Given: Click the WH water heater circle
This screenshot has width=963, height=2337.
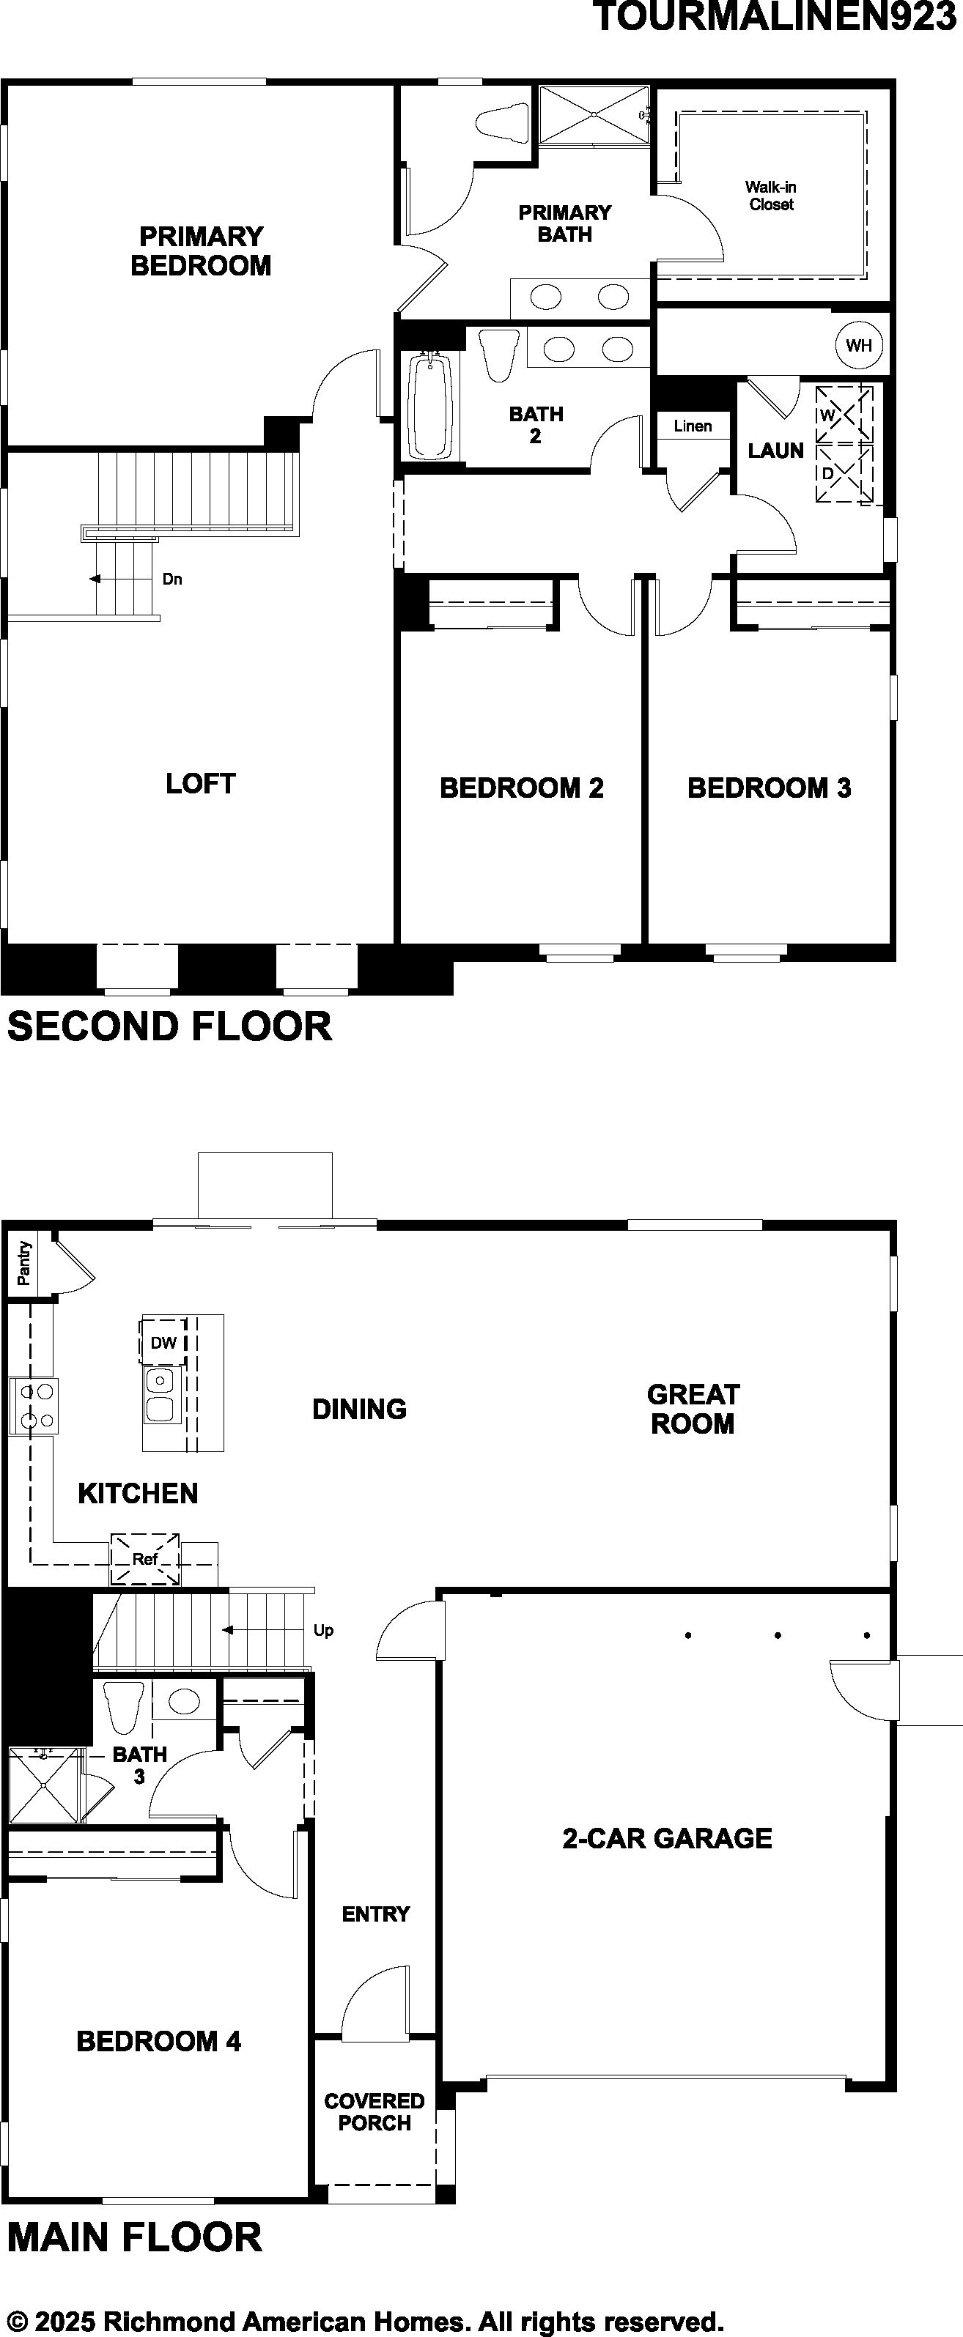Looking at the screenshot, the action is click(x=859, y=345).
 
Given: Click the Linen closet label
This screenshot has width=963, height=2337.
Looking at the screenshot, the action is click(x=693, y=426).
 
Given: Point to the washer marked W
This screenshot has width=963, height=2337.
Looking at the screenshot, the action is click(x=844, y=415).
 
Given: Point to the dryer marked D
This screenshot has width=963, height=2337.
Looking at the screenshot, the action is click(x=844, y=473).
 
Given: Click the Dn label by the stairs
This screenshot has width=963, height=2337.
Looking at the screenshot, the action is click(x=172, y=579).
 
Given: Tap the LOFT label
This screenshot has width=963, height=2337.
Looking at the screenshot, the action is click(x=201, y=784).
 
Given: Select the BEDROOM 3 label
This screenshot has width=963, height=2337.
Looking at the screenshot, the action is click(x=770, y=788).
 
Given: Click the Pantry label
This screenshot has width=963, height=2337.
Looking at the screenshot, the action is click(x=24, y=1263).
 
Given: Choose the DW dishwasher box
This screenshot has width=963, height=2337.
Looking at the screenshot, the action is click(x=163, y=1343).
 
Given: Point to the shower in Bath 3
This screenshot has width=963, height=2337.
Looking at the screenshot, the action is click(x=45, y=1784).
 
